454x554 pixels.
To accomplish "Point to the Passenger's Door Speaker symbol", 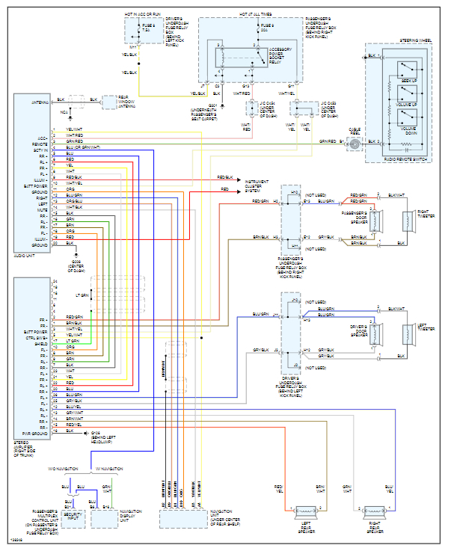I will tap(373, 221).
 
